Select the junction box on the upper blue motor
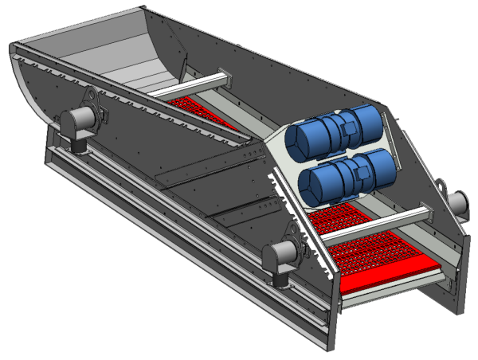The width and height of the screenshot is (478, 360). (x=349, y=126)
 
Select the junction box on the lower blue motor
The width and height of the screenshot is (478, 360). (x=358, y=166)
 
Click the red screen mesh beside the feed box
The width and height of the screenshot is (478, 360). (x=199, y=110)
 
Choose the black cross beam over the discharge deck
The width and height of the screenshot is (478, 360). (x=374, y=225)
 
